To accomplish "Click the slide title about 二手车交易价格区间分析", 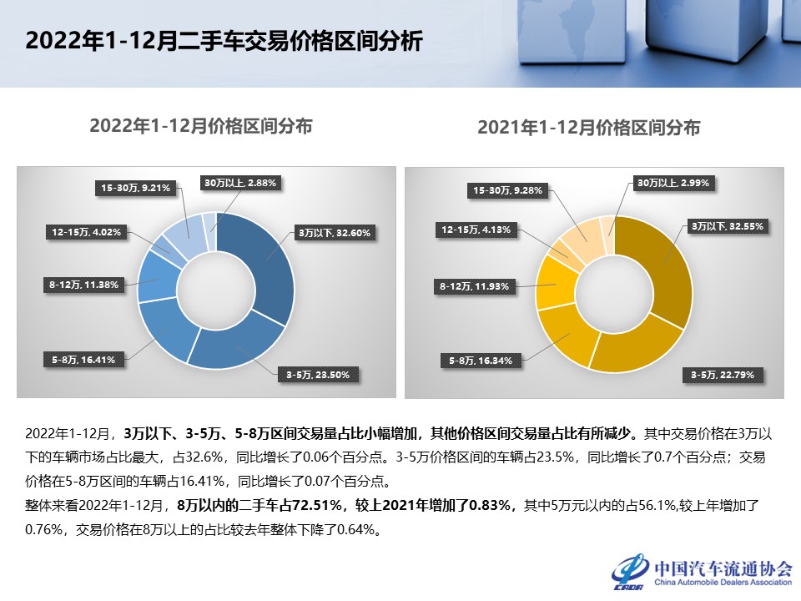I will click(x=224, y=42).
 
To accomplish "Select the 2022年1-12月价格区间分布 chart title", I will click(x=201, y=126).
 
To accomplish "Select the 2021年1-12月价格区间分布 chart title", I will click(x=588, y=128).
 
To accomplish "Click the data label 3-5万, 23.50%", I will click(x=317, y=374).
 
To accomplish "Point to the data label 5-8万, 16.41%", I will click(x=83, y=360).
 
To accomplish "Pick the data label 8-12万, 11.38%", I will click(x=83, y=285).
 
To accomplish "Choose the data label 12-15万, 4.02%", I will click(x=86, y=233).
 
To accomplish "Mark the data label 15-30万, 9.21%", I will click(x=136, y=189).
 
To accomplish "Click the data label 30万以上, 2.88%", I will click(x=240, y=181).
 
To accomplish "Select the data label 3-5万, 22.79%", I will click(x=723, y=375).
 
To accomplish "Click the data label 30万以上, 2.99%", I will click(x=674, y=182).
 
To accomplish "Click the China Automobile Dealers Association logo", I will click(x=702, y=570).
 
